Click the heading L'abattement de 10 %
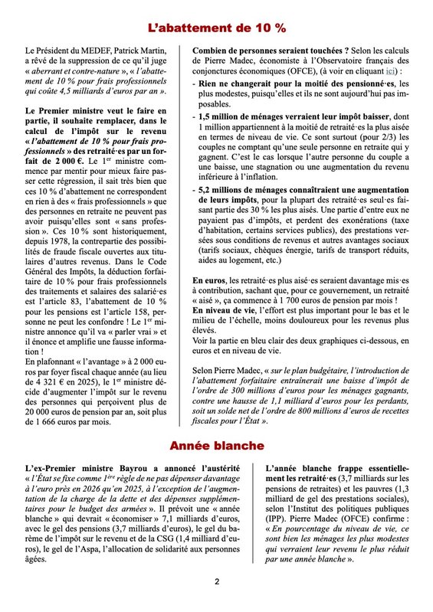(216, 28)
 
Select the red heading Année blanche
(216, 444)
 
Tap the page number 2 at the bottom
(216, 581)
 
